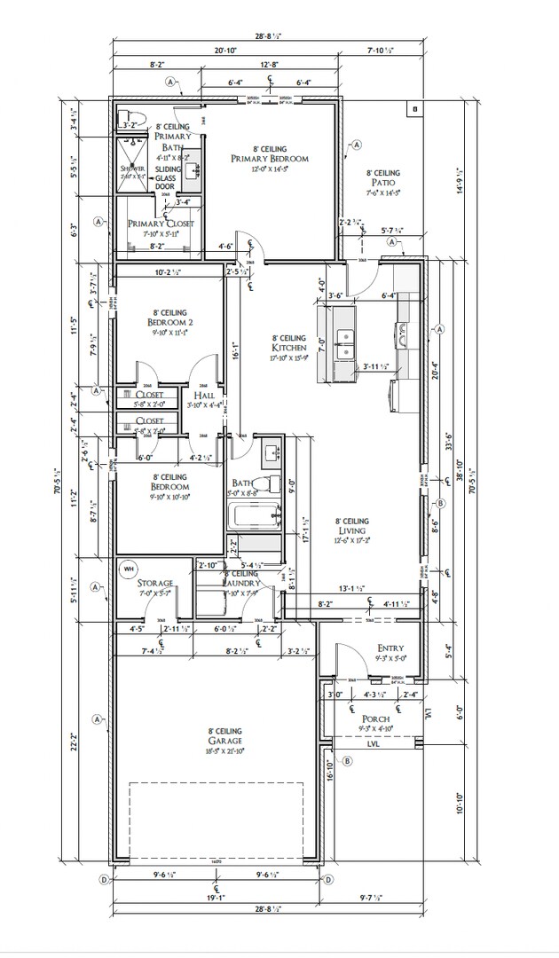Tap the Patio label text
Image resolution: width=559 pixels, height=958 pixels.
click(383, 183)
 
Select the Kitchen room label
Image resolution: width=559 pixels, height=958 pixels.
click(289, 348)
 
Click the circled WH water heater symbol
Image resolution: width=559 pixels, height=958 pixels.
click(128, 568)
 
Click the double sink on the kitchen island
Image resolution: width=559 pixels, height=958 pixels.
click(343, 338)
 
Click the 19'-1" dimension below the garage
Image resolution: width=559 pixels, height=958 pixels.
click(217, 897)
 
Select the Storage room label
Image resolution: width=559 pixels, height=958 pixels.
click(155, 583)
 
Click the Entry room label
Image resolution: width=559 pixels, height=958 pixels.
click(390, 649)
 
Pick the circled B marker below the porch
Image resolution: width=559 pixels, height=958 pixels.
click(347, 760)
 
